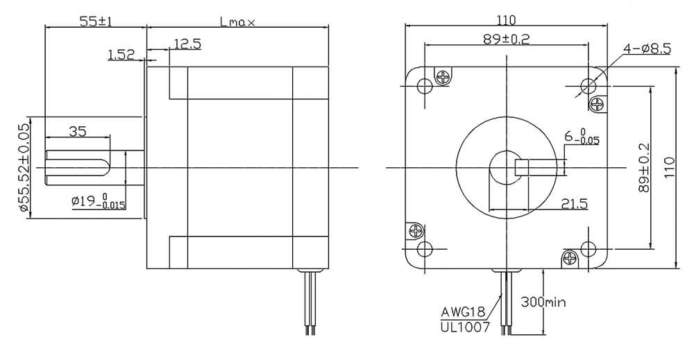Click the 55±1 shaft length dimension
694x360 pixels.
point(96,22)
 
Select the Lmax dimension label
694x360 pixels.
point(237,22)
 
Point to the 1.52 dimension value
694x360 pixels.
point(121,54)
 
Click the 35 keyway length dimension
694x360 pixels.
point(78,131)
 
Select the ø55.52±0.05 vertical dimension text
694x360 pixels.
point(24,168)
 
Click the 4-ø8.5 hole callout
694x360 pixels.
point(647,49)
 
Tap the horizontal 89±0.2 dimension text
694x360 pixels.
point(507,40)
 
